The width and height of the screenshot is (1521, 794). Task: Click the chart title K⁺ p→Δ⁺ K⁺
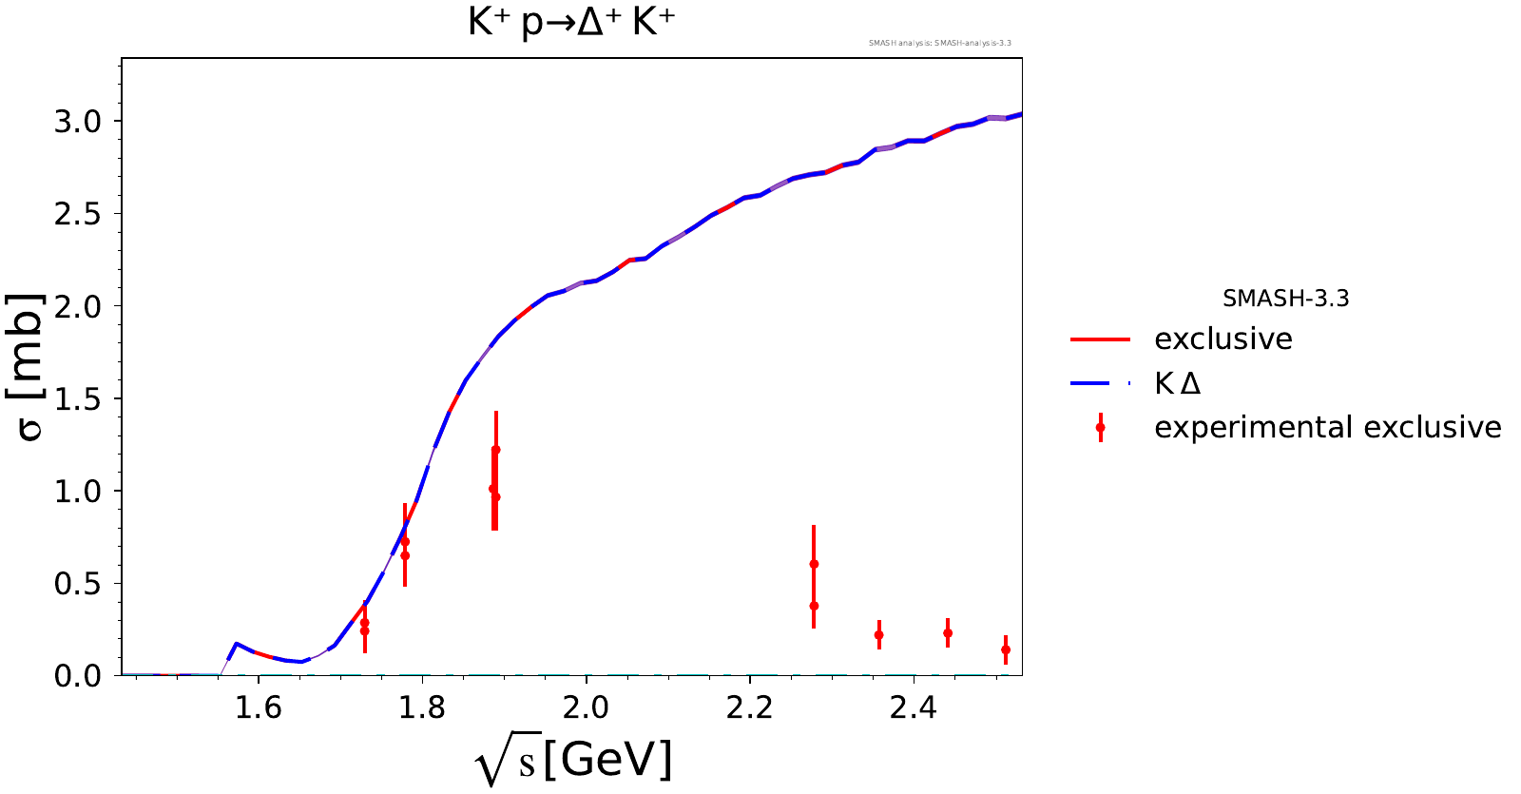(x=571, y=22)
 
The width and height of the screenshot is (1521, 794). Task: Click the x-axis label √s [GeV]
(x=573, y=761)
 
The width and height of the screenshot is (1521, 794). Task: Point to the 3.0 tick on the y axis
(x=77, y=122)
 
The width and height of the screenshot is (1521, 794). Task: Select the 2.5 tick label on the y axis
(x=77, y=214)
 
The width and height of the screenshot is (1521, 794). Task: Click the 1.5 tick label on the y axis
(x=77, y=398)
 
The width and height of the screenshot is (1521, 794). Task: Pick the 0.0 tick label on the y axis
(x=77, y=676)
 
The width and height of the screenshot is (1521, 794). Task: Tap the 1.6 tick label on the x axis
(x=258, y=708)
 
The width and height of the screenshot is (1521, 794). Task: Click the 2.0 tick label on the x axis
(x=586, y=708)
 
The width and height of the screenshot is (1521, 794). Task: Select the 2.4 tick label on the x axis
(x=914, y=708)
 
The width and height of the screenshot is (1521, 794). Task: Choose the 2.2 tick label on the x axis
(x=750, y=708)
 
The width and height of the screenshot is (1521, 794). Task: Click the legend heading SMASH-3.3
(x=1285, y=299)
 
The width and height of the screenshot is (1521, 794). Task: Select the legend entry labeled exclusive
(x=1223, y=339)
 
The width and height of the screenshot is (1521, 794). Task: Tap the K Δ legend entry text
(x=1177, y=383)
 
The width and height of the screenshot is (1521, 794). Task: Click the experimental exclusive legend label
(x=1327, y=428)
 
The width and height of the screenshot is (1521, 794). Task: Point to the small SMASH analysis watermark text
(x=939, y=43)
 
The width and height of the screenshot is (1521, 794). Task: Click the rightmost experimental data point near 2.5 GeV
(x=1006, y=650)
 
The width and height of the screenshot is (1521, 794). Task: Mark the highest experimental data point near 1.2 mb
(x=496, y=450)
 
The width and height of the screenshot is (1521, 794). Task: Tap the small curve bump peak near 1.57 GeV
(x=237, y=644)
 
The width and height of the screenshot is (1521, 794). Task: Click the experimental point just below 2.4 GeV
(x=879, y=635)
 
